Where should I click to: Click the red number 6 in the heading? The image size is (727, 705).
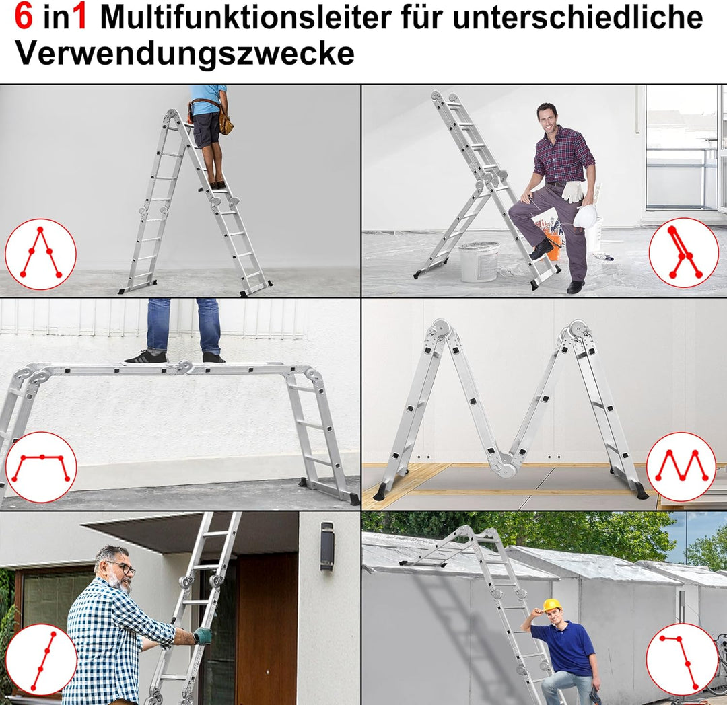pos(24,17)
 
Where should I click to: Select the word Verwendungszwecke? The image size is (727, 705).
pos(184,52)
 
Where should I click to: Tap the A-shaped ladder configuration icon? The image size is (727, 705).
pos(40,254)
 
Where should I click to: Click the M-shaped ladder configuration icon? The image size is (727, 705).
pos(681,467)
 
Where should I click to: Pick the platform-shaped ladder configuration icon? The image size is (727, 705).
pos(40,467)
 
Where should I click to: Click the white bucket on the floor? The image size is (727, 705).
pos(479,261)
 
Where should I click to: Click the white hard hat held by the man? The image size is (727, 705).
pos(585,216)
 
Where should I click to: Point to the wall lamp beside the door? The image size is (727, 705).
pos(327,546)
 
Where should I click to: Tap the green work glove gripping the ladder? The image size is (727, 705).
pos(203,635)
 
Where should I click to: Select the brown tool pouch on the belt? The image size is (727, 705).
pos(226,123)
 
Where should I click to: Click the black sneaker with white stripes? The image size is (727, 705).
pos(145,358)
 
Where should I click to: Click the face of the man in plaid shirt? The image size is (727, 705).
pos(547,120)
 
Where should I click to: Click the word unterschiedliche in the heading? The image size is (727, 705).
pos(578,17)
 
